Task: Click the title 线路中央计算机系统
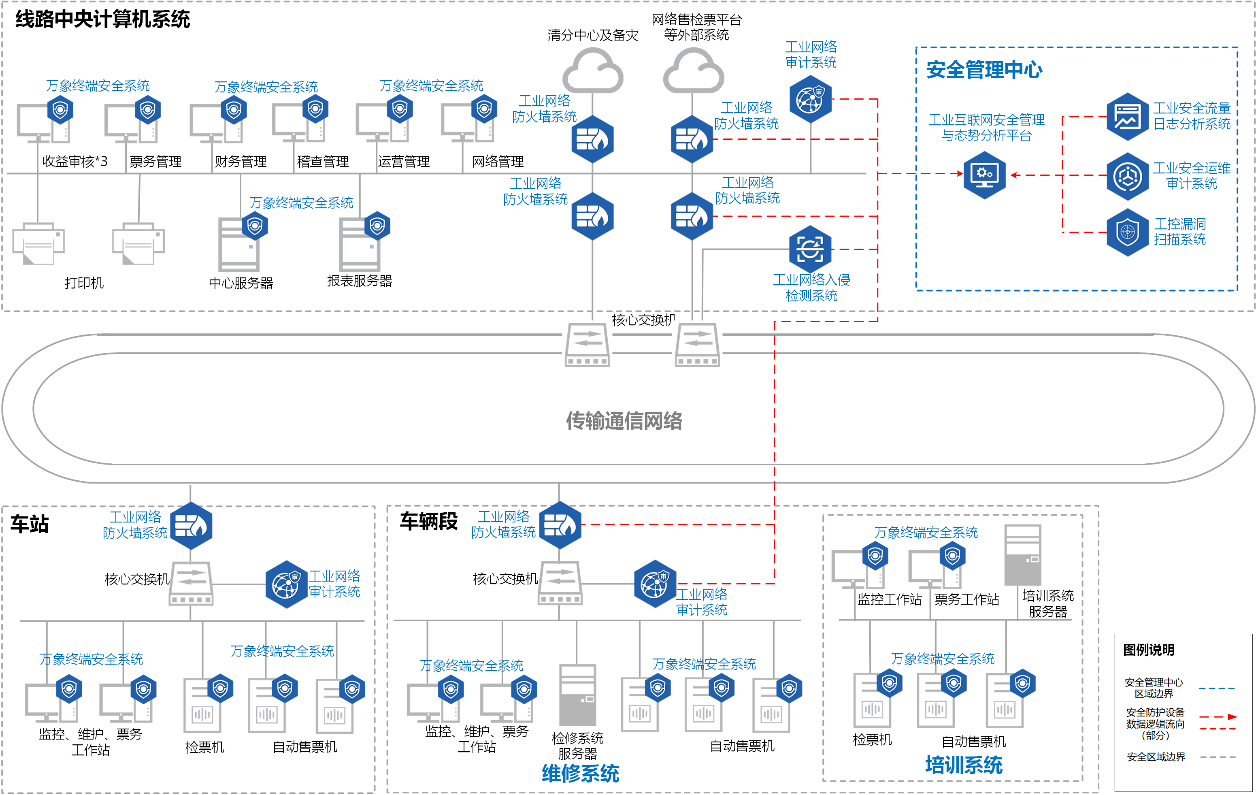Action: (x=103, y=19)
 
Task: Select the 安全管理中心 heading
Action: (x=984, y=69)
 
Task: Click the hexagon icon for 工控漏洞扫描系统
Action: (x=1127, y=232)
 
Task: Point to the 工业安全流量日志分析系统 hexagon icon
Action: (x=1127, y=116)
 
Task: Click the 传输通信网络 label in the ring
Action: (x=624, y=420)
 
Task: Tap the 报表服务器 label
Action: (x=360, y=281)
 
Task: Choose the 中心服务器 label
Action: (x=241, y=283)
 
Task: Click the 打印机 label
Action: (x=84, y=283)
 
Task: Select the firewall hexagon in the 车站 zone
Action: (x=191, y=525)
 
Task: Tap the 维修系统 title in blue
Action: (x=580, y=773)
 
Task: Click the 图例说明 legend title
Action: (x=1149, y=650)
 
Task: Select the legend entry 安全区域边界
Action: (x=1156, y=757)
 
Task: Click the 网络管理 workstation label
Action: (x=498, y=162)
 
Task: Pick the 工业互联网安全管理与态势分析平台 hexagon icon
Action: (x=984, y=175)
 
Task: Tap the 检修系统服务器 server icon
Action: (x=577, y=694)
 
